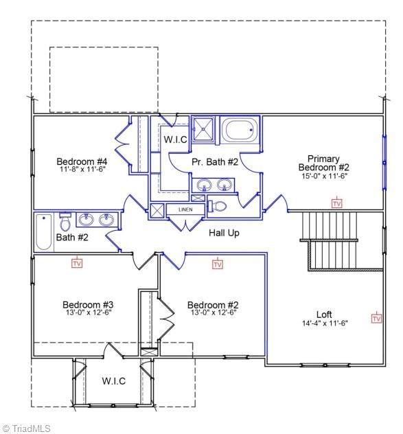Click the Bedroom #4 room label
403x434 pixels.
point(82,161)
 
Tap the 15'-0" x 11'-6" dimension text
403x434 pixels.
point(325,176)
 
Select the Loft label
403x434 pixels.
point(324,315)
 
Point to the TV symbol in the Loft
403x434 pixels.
point(376,318)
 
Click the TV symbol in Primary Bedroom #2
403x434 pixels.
point(337,203)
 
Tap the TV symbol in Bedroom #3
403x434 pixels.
point(77,263)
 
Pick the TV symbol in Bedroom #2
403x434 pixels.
point(218,264)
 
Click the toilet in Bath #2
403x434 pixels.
point(65,222)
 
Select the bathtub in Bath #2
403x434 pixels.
point(44,232)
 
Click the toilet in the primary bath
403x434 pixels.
point(217,207)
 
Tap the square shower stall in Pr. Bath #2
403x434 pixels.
point(203,128)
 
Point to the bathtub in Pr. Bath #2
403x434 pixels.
point(240,130)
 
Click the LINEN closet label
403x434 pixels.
point(185,209)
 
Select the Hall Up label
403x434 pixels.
point(224,233)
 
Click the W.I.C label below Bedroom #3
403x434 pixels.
point(114,381)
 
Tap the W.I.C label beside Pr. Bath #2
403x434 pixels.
point(176,139)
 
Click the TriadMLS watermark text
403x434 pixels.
point(27,429)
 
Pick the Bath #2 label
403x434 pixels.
point(72,237)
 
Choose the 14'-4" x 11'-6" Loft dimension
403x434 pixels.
point(325,323)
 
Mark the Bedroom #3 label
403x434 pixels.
point(88,305)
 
